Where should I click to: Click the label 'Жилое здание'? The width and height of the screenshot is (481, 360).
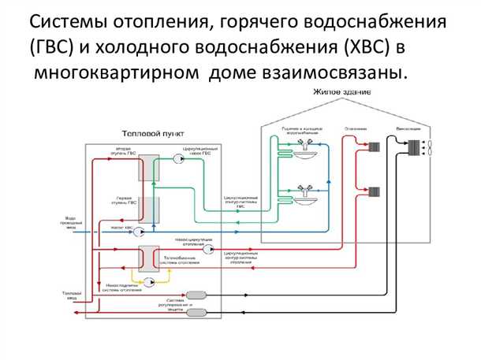click(x=341, y=92)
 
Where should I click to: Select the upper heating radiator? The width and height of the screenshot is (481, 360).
click(x=375, y=146)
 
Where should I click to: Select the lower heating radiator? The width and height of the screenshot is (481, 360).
click(x=375, y=191)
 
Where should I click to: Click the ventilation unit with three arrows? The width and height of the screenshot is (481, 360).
click(x=412, y=147)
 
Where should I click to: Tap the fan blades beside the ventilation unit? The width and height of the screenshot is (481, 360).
click(x=427, y=147)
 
